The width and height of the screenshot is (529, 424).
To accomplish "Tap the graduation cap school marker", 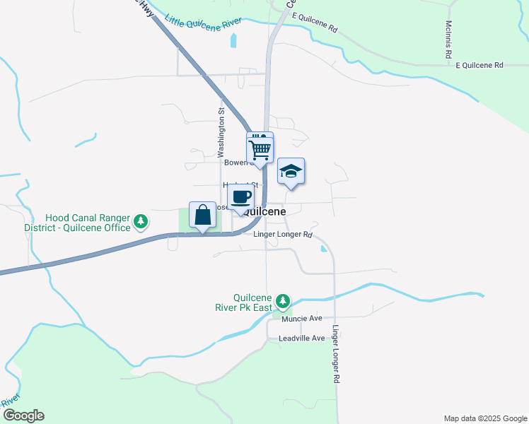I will click(291, 171).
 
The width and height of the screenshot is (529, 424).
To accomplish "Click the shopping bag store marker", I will click(203, 215).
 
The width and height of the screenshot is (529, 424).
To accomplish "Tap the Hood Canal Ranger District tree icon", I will click(141, 222).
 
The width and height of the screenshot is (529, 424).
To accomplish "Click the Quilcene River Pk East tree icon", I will click(283, 301).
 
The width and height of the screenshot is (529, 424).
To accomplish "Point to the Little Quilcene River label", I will click(202, 23).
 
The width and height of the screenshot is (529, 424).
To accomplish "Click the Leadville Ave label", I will click(303, 338).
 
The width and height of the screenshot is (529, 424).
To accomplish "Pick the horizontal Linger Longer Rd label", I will click(283, 235).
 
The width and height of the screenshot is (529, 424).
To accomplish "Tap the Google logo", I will click(23, 416).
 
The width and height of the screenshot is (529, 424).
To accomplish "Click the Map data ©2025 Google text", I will click(484, 418).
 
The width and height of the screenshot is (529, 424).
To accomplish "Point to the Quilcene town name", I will click(264, 211).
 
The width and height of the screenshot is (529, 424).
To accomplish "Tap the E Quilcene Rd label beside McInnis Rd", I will click(479, 65).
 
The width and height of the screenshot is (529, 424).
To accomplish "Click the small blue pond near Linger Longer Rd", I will click(323, 248).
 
